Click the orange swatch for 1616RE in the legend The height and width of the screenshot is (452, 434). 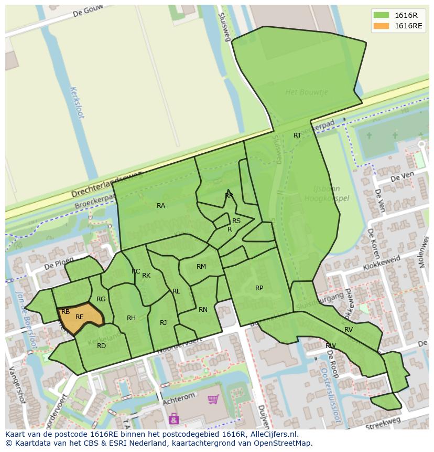tap(382, 26)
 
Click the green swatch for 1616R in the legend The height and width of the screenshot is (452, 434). tap(382, 15)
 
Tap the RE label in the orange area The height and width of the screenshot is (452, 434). tap(80, 317)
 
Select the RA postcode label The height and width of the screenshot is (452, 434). tap(161, 206)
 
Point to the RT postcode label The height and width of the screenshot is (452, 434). tap(297, 135)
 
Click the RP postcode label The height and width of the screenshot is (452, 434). tap(259, 288)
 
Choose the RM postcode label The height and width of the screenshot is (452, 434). tap(201, 267)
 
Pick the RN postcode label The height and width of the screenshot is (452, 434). tap(203, 310)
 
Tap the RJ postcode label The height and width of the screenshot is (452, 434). tap(164, 323)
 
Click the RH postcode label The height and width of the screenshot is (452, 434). tap(131, 318)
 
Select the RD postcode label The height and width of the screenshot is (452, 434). tap(101, 346)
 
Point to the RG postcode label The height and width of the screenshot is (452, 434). tap(101, 299)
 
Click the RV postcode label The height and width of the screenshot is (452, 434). tap(349, 330)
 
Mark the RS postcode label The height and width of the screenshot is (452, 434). tap(236, 221)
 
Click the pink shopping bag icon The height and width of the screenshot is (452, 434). tap(173, 418)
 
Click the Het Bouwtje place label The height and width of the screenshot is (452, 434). tap(307, 92)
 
